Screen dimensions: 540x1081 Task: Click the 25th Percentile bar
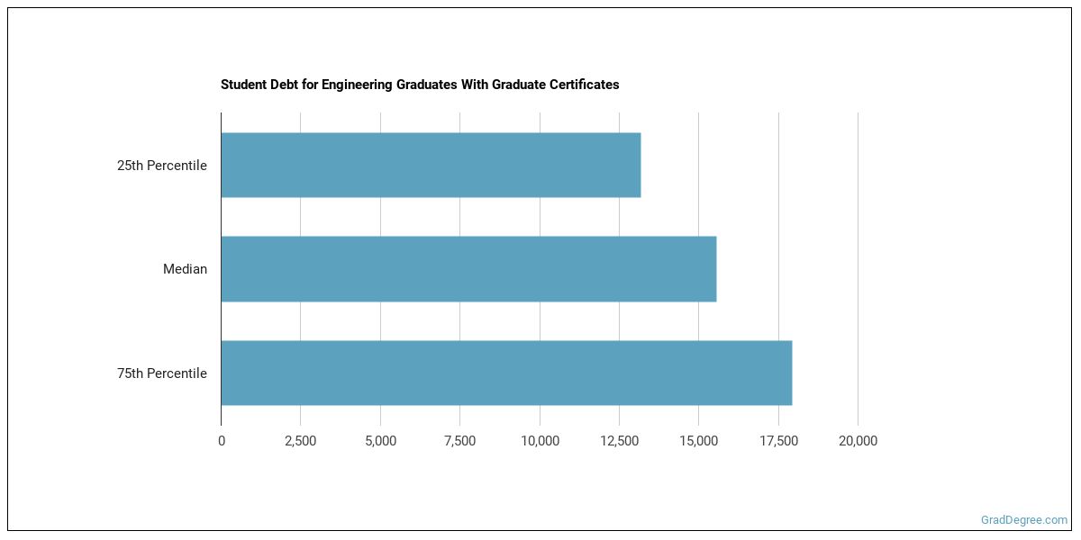(x=431, y=166)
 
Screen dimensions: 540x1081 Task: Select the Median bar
(x=468, y=269)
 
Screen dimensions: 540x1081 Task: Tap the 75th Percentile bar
(x=506, y=373)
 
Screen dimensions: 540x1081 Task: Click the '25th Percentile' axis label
(x=162, y=166)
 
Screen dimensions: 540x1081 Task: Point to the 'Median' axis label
(x=185, y=269)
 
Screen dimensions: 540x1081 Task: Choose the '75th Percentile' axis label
(x=162, y=373)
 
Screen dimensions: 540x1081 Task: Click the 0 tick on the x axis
(x=222, y=441)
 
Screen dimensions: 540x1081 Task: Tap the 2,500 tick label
(x=301, y=441)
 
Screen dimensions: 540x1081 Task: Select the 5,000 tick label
(x=380, y=441)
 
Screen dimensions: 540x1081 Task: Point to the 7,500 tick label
(x=459, y=441)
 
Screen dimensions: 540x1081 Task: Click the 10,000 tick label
(x=540, y=441)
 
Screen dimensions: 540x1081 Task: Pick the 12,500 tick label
(x=619, y=441)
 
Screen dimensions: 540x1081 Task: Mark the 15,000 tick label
(x=698, y=441)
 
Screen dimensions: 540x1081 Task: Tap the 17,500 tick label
(x=778, y=441)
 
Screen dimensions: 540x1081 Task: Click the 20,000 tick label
(x=858, y=441)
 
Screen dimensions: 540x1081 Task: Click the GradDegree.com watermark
(x=1024, y=520)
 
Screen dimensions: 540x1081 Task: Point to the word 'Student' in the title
(x=241, y=85)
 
